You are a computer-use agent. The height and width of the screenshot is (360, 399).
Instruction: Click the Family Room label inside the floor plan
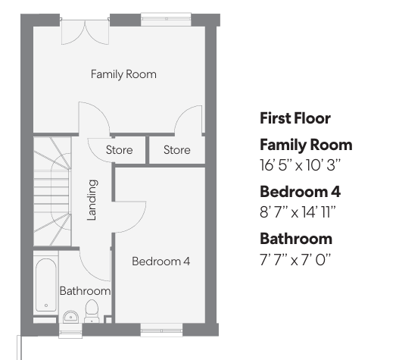pos(123,74)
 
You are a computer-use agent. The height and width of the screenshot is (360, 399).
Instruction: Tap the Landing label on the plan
pos(92,200)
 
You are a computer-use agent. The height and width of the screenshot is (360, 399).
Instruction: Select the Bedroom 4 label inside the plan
pos(161,261)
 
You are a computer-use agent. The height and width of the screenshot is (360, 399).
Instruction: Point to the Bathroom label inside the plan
pos(85,291)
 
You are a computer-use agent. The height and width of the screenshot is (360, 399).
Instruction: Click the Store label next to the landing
pos(119,150)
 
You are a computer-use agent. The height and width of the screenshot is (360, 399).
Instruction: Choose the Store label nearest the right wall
pos(177,150)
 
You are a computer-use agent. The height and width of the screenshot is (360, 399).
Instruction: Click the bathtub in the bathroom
pos(46,285)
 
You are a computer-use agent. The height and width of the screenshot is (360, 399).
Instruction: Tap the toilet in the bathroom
pos(92,311)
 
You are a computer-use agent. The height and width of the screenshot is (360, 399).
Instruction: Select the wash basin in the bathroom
pos(70,317)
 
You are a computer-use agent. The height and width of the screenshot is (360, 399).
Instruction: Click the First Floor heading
pos(295,118)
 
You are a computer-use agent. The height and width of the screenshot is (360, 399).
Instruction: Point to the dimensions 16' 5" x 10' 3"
pos(300,165)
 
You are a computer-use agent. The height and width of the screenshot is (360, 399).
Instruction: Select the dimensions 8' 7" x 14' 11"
pos(298,212)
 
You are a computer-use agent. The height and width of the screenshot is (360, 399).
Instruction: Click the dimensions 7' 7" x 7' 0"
pos(295,260)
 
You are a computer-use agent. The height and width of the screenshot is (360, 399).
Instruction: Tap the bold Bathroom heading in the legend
pos(296,239)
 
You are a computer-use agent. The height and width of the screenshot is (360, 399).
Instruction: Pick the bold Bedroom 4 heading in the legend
pos(300,192)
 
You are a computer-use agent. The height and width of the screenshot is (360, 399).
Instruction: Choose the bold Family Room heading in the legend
pos(306,145)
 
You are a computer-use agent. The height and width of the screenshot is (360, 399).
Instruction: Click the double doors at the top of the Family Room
pos(86,31)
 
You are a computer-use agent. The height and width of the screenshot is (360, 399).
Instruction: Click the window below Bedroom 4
pos(161,330)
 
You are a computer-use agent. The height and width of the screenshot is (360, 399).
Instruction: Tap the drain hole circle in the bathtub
pos(46,305)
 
